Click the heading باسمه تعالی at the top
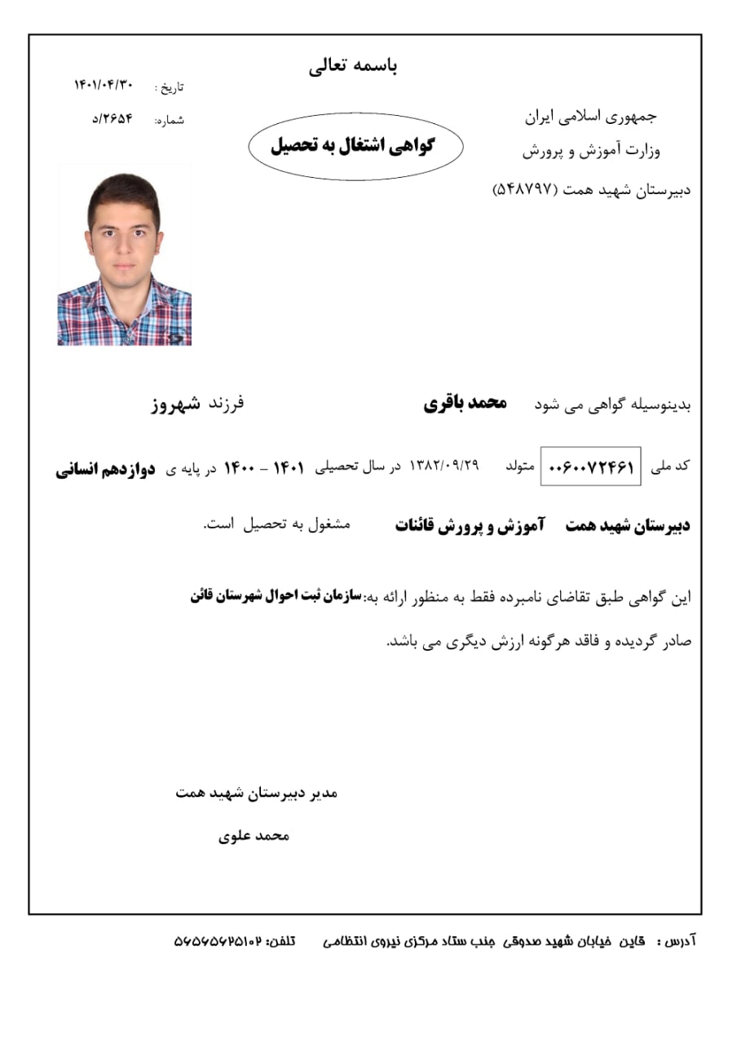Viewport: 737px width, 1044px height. coord(353,67)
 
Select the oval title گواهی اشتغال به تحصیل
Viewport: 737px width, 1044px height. coord(354,147)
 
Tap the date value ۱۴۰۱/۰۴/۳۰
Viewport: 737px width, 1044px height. coord(103,85)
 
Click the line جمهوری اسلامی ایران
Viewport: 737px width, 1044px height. coord(590,116)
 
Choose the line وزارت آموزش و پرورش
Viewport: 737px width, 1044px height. coord(590,152)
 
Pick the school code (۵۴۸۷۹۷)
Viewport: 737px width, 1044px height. coord(524,189)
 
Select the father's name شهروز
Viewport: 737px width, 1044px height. coord(175,404)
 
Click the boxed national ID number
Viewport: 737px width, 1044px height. coord(590,467)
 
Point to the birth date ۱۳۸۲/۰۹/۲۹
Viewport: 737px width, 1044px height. coord(444,466)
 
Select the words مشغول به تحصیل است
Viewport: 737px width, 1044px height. coord(276,524)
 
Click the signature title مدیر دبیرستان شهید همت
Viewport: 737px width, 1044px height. coord(256,793)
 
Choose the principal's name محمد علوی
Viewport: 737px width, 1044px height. coord(254,836)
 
